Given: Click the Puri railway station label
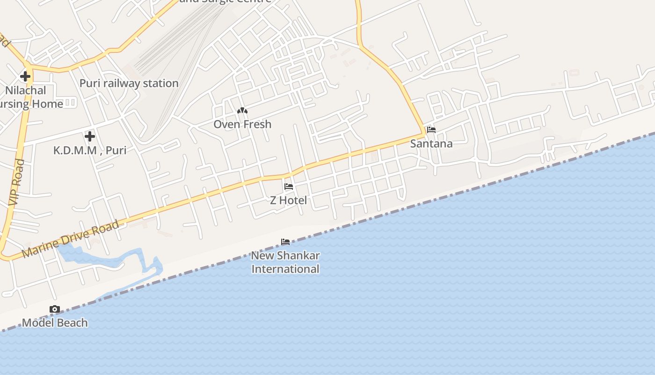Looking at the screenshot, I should [129, 83].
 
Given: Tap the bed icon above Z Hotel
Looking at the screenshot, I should [289, 187].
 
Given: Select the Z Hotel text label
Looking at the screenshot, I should [289, 200].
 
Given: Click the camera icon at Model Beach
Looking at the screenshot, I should [55, 309].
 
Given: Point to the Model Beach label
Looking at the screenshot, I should [55, 322].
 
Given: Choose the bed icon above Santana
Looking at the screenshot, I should [431, 130].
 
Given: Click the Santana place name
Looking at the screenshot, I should [431, 143].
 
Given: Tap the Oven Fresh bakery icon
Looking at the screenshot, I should [242, 111].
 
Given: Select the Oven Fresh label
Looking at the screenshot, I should [242, 124].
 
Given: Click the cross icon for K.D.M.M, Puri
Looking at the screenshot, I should [90, 136].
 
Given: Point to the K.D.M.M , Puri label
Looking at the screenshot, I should [90, 150].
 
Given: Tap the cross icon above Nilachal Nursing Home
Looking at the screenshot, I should [25, 76].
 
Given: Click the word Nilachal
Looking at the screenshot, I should [26, 90].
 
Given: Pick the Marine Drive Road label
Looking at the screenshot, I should [70, 239].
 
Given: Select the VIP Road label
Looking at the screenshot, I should [16, 182].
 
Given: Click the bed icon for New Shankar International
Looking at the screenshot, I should [285, 242].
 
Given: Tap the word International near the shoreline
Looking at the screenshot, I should [285, 269].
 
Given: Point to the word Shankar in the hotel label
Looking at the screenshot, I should [298, 256].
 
